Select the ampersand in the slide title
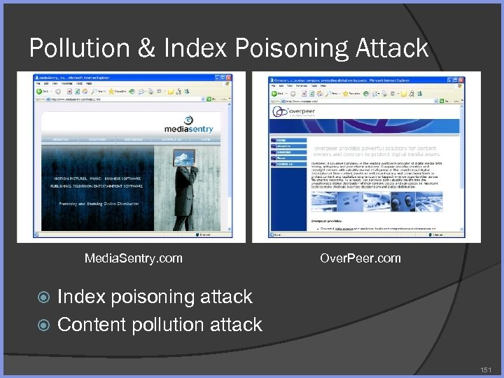(x=148, y=48)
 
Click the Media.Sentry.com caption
(x=133, y=258)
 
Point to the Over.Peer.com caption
(x=360, y=258)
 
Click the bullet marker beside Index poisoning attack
(x=44, y=297)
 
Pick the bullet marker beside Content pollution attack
(x=44, y=325)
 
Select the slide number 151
(x=486, y=368)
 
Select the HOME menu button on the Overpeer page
(x=288, y=141)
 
